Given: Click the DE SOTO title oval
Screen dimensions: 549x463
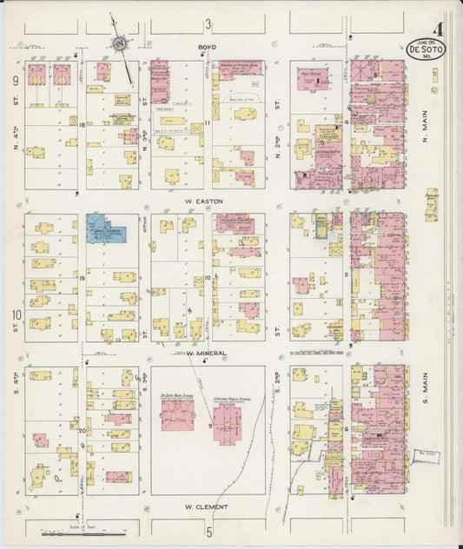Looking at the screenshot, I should point(426,50).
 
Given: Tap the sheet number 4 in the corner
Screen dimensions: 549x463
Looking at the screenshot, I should point(439,30).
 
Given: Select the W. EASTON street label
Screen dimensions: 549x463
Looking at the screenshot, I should point(203,202).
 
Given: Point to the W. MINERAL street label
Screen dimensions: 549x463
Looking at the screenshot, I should point(206,354).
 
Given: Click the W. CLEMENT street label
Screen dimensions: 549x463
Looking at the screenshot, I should point(206,506).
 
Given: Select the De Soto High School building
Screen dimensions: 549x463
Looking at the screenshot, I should point(178,413).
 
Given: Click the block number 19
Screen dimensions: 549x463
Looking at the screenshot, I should point(81,278).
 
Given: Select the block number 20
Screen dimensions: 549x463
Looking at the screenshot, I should point(81,431).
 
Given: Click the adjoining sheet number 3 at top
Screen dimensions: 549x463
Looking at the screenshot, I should point(208,23).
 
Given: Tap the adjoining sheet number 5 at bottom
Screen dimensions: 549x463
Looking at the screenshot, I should point(208,530).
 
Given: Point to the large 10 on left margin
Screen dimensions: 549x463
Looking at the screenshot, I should point(16,314).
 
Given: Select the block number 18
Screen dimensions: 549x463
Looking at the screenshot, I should point(81,125).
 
